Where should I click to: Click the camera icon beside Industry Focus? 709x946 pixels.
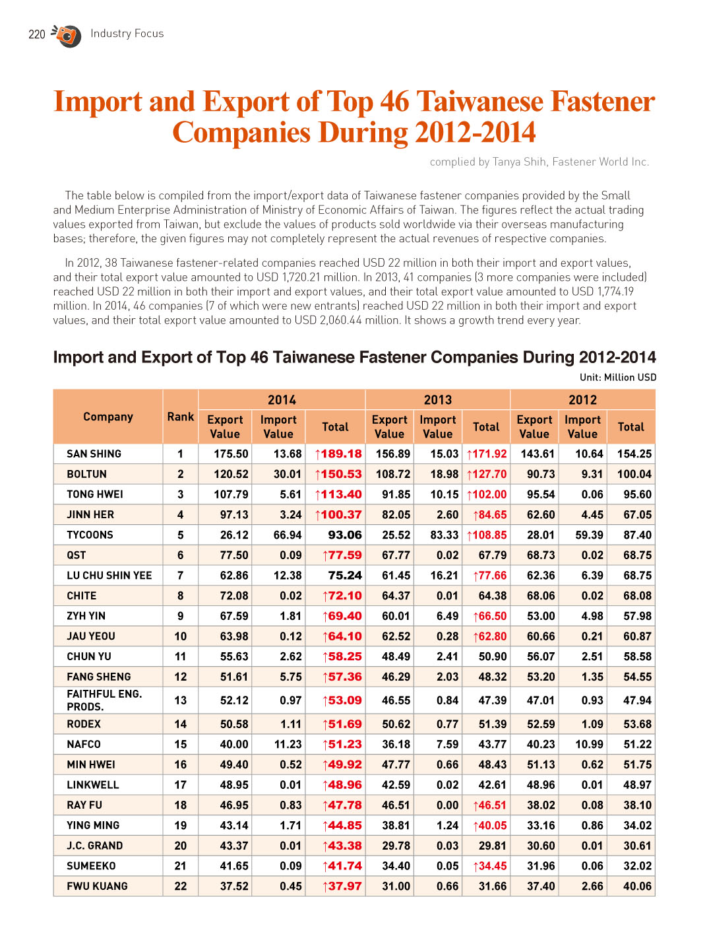click(67, 36)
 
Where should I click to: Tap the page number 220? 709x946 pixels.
click(36, 34)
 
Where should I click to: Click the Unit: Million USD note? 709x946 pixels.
click(618, 378)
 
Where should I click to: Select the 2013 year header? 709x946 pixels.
click(437, 400)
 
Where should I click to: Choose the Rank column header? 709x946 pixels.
click(180, 417)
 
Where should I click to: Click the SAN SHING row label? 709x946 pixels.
click(94, 454)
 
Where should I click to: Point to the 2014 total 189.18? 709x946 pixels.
click(338, 454)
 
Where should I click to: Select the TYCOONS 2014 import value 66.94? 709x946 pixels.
click(288, 535)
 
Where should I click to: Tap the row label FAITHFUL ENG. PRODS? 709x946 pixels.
click(104, 700)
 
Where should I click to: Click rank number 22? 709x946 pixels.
click(180, 886)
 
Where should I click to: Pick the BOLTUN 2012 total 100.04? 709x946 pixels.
click(634, 474)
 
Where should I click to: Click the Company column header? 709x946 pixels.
click(108, 417)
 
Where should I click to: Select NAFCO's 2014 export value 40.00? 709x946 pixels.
click(234, 744)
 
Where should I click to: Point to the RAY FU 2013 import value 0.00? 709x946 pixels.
click(447, 805)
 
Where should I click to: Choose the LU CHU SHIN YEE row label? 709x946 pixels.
click(109, 576)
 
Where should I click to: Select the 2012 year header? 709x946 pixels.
click(582, 400)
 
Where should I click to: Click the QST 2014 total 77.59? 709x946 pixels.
click(342, 555)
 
